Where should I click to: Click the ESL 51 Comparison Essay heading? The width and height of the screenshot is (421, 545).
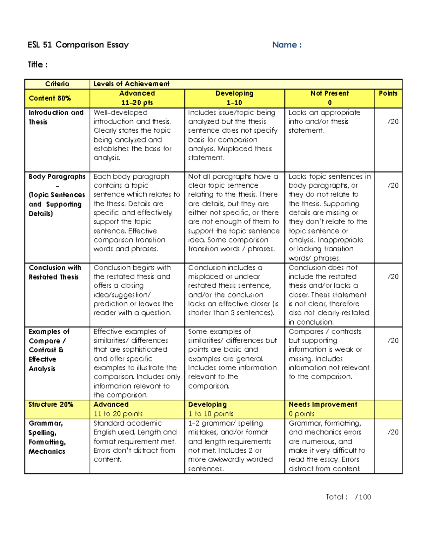click(x=78, y=45)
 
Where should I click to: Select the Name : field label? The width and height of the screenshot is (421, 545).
click(x=287, y=45)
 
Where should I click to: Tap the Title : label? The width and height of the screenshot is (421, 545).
click(x=38, y=65)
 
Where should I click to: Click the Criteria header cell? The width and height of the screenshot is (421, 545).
click(x=57, y=84)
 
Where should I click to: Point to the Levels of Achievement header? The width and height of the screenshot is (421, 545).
click(x=131, y=84)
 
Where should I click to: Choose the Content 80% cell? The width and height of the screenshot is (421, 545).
click(x=50, y=98)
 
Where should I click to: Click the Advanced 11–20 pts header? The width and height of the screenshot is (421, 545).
click(x=137, y=98)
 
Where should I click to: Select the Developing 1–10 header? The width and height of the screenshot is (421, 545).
click(x=234, y=98)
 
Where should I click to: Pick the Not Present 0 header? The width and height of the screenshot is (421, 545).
click(x=329, y=98)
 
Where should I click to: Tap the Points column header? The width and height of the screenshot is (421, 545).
click(x=388, y=93)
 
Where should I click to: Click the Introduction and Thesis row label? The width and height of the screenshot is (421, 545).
click(x=56, y=117)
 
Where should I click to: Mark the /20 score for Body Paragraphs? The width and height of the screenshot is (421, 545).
click(x=393, y=185)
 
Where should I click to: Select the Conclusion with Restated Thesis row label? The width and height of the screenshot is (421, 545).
click(x=55, y=272)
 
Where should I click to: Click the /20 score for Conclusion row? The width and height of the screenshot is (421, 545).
click(x=393, y=277)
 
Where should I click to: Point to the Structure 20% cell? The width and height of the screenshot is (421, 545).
click(x=51, y=404)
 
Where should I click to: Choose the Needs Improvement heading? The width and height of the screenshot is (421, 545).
click(x=323, y=404)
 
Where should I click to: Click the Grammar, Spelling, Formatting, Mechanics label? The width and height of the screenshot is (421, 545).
click(x=47, y=437)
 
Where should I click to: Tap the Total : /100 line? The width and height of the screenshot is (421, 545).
click(x=348, y=497)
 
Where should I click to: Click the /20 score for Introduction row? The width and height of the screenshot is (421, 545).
click(x=393, y=121)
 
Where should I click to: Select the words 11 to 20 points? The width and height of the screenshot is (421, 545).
click(x=118, y=414)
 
